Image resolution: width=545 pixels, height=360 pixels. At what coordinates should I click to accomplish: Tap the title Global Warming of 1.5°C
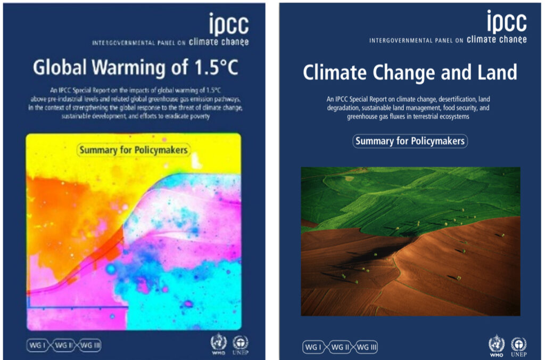point(135,68)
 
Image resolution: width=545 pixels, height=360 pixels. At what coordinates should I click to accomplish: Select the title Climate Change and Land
point(409,72)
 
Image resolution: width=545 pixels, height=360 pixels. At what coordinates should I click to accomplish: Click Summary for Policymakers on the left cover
point(134,150)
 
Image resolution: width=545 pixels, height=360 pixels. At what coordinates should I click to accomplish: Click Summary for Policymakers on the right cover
point(410,141)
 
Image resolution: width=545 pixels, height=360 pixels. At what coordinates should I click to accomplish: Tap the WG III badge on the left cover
point(88,345)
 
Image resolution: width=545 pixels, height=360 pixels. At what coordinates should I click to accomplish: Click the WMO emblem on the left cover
point(218,343)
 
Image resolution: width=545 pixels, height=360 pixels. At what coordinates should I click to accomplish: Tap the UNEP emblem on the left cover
point(241,343)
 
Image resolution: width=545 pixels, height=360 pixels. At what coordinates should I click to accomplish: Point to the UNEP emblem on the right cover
point(518,345)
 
